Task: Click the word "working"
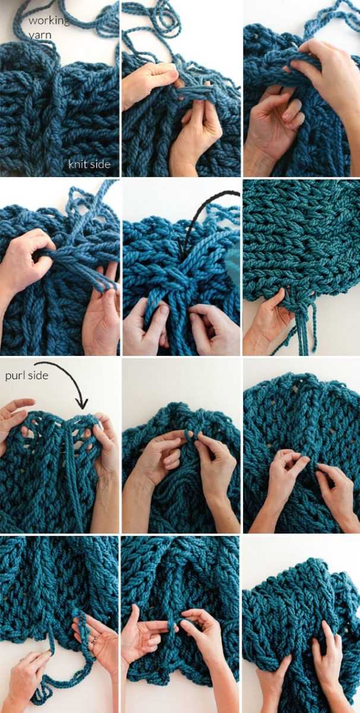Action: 48,21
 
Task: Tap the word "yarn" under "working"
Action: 40,34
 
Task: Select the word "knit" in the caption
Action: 77,164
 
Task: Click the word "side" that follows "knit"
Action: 100,164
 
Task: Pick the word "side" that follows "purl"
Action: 38,376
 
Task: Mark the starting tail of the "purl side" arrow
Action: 34,363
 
